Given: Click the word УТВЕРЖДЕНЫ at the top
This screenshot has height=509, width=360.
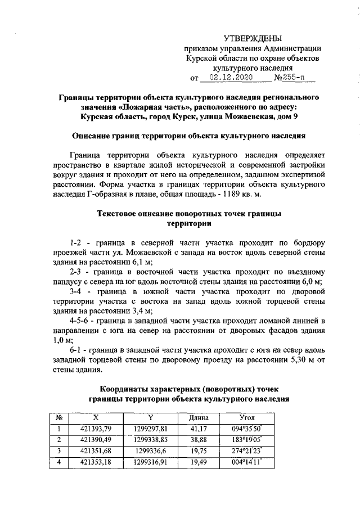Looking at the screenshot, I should click(x=253, y=38).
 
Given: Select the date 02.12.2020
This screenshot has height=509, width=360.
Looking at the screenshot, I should click(x=231, y=77).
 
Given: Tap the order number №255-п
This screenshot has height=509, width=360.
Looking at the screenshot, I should click(x=290, y=77).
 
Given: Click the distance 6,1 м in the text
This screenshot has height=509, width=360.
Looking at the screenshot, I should click(x=143, y=262).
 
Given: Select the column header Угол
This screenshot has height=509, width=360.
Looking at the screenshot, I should click(x=247, y=418).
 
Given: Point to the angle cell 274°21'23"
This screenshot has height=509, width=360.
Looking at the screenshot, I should click(x=247, y=451).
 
